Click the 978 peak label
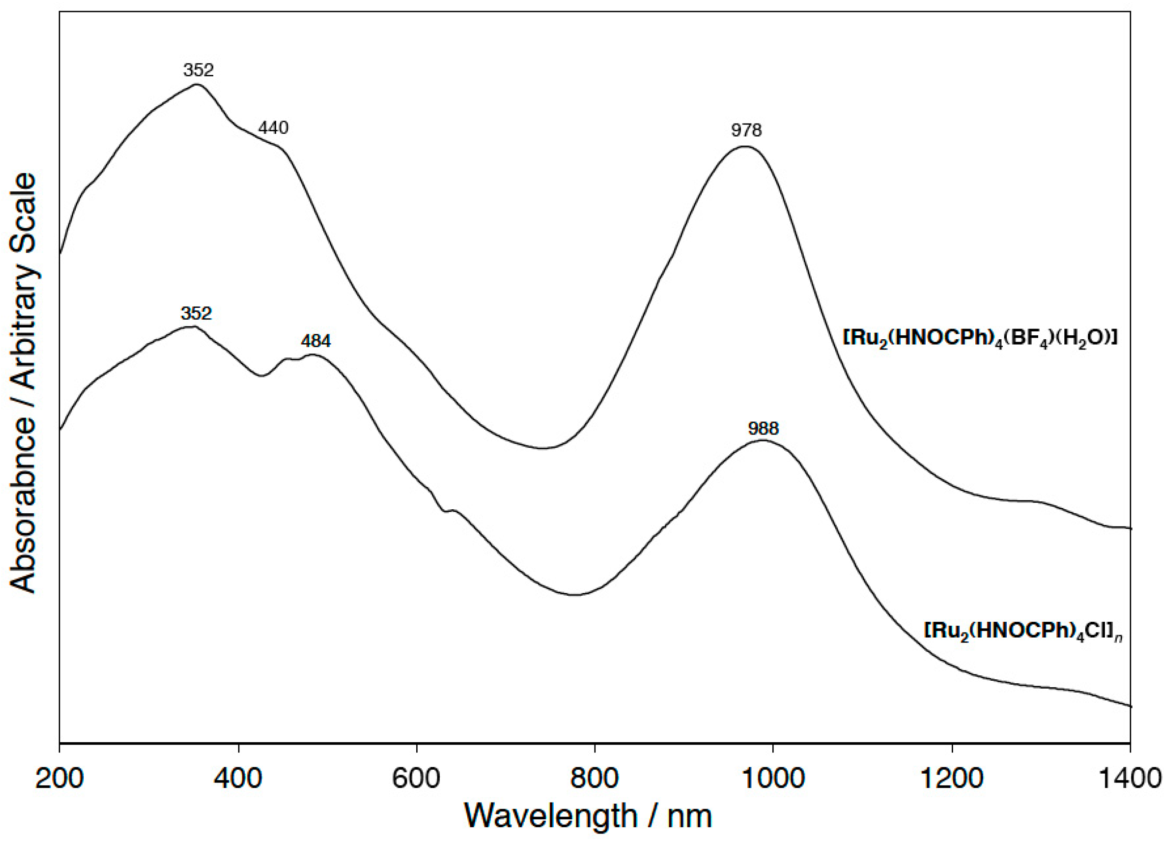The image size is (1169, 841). click(x=746, y=131)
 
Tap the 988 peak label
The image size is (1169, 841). click(x=763, y=429)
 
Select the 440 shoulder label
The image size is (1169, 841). click(x=273, y=127)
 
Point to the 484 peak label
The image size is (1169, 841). click(x=316, y=341)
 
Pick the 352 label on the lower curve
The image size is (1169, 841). click(x=196, y=313)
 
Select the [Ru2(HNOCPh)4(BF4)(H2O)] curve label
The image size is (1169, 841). click(x=979, y=338)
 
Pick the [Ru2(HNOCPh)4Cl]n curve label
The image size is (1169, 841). click(x=1024, y=632)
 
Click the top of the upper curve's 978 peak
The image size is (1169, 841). click(x=744, y=146)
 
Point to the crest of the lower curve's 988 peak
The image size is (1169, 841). click(x=763, y=440)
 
